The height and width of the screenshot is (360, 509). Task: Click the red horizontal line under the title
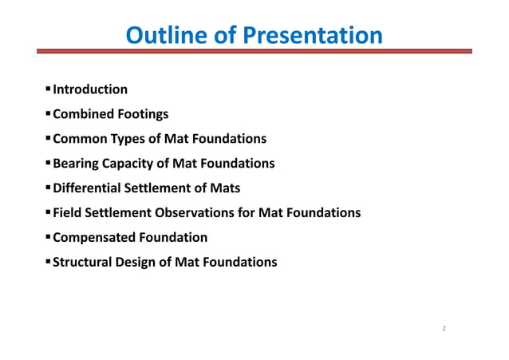[254, 52]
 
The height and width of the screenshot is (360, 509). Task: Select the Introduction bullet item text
[90, 89]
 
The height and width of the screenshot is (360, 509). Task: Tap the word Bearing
[76, 164]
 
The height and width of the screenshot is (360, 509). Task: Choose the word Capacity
[131, 164]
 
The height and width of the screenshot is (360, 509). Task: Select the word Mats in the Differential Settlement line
[225, 188]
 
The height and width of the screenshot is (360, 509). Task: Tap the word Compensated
[93, 237]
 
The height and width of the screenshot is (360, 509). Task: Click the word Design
[139, 262]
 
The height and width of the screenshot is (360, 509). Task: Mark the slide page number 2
[444, 328]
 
